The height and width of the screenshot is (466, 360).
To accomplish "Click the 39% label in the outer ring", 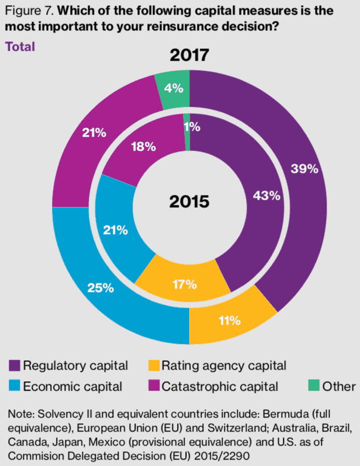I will click(x=304, y=169).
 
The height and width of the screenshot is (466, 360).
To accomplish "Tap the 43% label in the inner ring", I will click(x=250, y=196).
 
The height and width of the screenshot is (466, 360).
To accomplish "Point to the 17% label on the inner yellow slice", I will click(x=184, y=286).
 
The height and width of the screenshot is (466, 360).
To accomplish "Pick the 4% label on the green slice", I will click(x=174, y=89).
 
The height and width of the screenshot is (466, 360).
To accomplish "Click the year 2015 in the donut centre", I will click(x=189, y=202).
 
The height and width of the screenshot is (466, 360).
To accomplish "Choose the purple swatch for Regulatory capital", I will click(x=15, y=366).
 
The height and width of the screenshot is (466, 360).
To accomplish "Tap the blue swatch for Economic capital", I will click(x=15, y=386).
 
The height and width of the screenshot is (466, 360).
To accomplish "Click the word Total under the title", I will click(x=20, y=46).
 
